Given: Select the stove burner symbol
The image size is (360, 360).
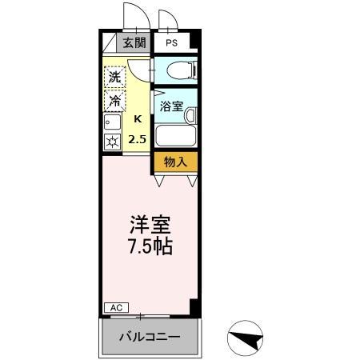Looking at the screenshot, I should pyautogui.click(x=111, y=142).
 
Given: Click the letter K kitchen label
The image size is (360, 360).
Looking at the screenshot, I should pyautogui.click(x=138, y=119).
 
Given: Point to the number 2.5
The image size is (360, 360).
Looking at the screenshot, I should pyautogui.click(x=138, y=138).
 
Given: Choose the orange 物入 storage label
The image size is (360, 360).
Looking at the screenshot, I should pyautogui.click(x=175, y=162).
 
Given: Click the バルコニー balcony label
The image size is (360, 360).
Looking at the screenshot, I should pyautogui.click(x=150, y=336).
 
